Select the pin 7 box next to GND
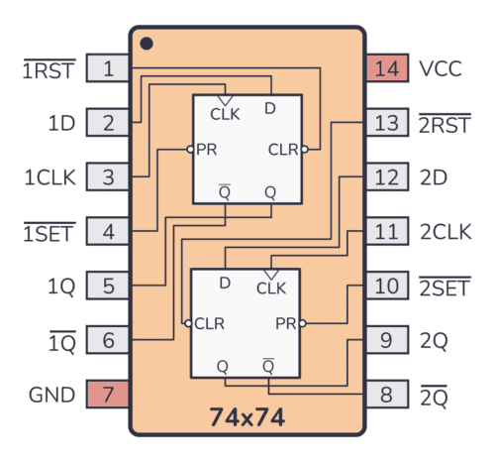tap(108, 395)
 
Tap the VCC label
tap(442, 69)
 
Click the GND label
tap(51, 395)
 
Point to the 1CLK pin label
tap(49, 178)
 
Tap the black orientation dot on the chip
tap(147, 44)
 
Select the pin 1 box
tap(108, 69)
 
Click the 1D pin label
tap(61, 124)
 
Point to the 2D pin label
tap(434, 178)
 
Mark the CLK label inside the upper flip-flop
tap(225, 113)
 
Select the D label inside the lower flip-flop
tap(225, 284)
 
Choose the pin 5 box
tap(108, 287)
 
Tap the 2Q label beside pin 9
tap(434, 341)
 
